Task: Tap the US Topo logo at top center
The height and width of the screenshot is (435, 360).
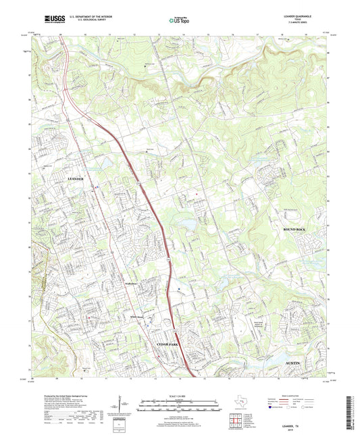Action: coord(179,21)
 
